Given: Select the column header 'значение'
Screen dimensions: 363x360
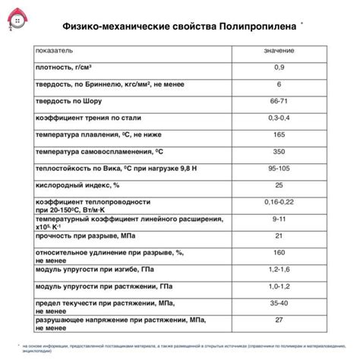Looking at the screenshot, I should click(x=279, y=50).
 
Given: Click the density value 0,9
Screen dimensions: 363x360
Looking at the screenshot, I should click(x=279, y=67).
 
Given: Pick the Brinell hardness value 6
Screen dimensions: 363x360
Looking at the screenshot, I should click(x=279, y=84).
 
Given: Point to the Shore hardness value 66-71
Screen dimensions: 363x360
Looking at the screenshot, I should click(x=279, y=100).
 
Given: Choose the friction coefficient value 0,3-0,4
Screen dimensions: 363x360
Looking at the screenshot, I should click(x=279, y=117).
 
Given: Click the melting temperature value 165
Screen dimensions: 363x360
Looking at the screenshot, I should click(x=279, y=134).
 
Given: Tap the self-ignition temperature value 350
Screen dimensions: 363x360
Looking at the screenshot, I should click(x=279, y=151).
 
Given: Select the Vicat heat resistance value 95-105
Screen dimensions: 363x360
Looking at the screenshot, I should click(x=279, y=168).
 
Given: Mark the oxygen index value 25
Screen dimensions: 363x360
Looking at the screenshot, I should click(x=279, y=185).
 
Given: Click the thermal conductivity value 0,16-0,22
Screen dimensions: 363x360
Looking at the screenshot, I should click(x=279, y=202).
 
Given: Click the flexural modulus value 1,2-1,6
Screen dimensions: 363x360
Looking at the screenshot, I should click(x=279, y=270).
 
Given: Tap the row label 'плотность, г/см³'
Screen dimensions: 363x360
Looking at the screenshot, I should click(x=68, y=67).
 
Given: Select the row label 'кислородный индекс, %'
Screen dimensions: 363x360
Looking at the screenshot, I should click(x=77, y=185).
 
